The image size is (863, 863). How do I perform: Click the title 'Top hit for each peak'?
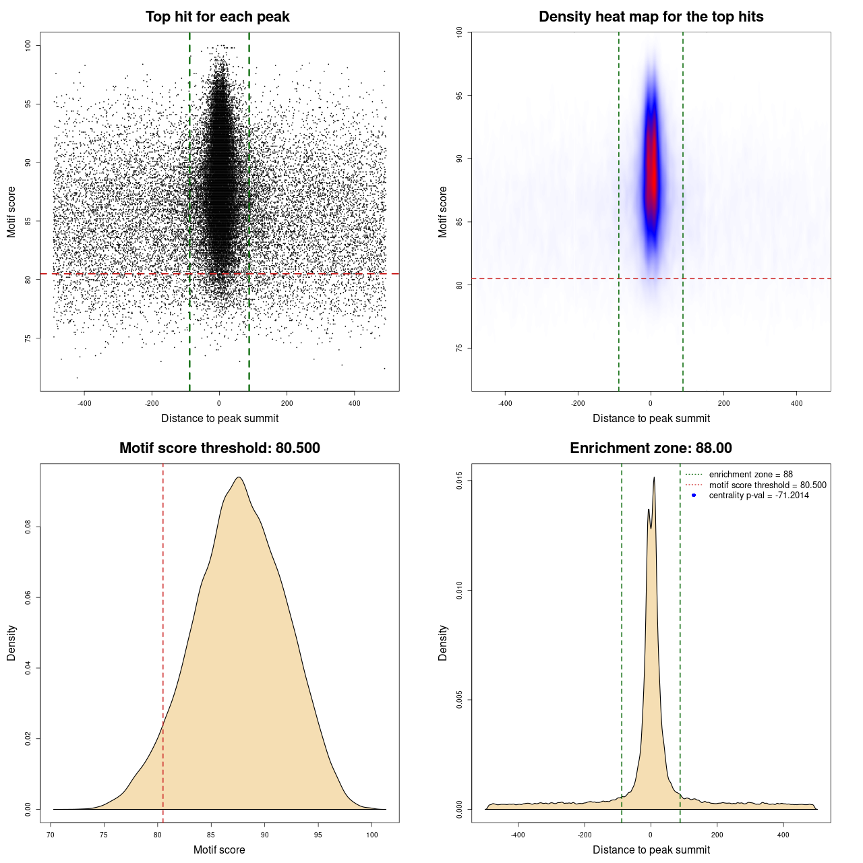pyautogui.click(x=217, y=17)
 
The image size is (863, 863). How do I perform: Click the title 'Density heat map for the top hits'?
pyautogui.click(x=651, y=17)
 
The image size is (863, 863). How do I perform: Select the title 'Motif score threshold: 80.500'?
pyautogui.click(x=219, y=448)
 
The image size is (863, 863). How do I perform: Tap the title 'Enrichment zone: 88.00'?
pyautogui.click(x=651, y=448)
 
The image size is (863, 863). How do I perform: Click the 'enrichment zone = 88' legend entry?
pyautogui.click(x=750, y=475)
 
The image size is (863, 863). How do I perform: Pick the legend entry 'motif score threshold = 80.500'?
pyautogui.click(x=767, y=485)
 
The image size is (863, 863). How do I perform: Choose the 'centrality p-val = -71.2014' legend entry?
pyautogui.click(x=758, y=496)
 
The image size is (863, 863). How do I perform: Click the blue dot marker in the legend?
pyautogui.click(x=694, y=496)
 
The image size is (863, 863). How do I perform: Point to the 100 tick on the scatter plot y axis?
pyautogui.click(x=28, y=45)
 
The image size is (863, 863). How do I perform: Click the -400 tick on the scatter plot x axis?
pyautogui.click(x=84, y=403)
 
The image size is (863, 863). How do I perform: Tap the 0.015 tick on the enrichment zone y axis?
pyautogui.click(x=459, y=481)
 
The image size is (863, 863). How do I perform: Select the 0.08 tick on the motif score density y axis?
pyautogui.click(x=28, y=527)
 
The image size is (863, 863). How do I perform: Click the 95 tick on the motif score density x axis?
pyautogui.click(x=318, y=835)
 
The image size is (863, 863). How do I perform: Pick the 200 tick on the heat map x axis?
pyautogui.click(x=723, y=403)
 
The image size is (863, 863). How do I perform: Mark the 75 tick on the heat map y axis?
pyautogui.click(x=459, y=348)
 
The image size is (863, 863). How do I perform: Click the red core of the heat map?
pyautogui.click(x=651, y=169)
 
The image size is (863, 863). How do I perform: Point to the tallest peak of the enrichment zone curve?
pyautogui.click(x=654, y=478)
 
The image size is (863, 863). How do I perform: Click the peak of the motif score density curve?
pyautogui.click(x=239, y=477)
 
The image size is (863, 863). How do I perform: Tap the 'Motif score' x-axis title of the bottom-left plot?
pyautogui.click(x=219, y=850)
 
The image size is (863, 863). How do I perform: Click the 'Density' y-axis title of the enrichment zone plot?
pyautogui.click(x=443, y=643)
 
